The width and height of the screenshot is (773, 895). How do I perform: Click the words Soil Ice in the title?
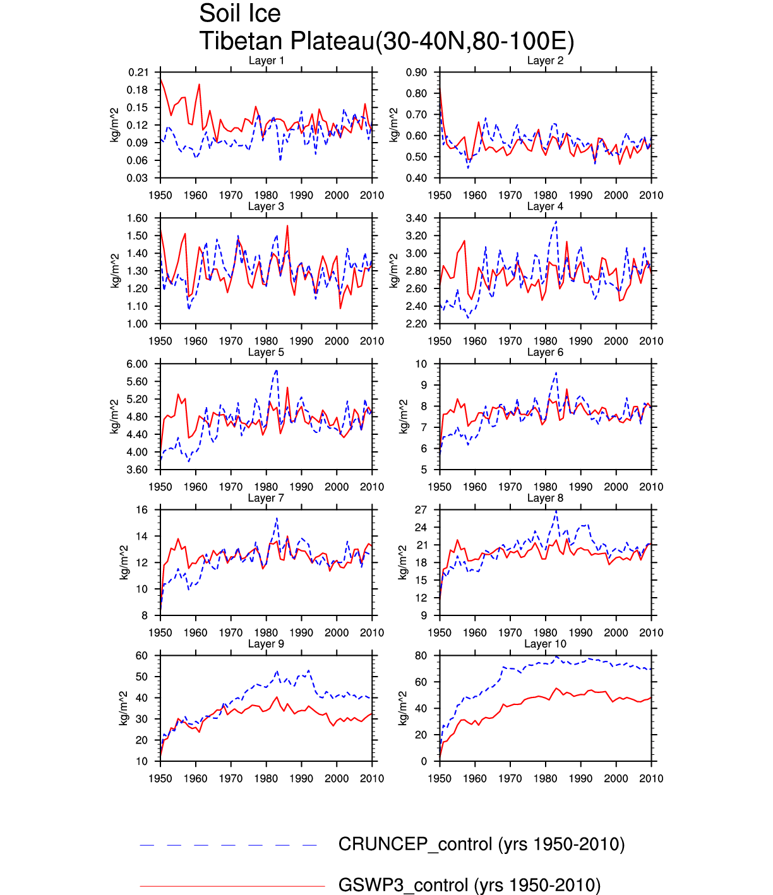point(239,13)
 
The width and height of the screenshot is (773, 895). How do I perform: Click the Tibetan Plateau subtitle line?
point(386,42)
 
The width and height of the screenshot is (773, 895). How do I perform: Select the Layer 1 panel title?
point(266,61)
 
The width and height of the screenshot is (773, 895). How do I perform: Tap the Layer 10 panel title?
point(545,644)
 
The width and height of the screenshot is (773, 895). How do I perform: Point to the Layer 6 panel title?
point(545,352)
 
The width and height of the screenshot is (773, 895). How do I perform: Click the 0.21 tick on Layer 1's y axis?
point(138,73)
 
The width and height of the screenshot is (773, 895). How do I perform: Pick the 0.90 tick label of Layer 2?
point(417,73)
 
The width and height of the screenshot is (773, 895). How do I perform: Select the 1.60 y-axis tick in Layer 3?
point(138,218)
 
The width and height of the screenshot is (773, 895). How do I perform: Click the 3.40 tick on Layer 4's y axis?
point(417,218)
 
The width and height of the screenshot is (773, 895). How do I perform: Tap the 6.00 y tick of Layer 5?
point(138,364)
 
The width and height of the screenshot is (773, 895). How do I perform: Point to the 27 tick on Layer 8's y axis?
point(421,510)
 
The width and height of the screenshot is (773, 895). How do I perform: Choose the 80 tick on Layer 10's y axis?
point(421,656)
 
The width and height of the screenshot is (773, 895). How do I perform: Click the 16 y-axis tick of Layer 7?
point(142,510)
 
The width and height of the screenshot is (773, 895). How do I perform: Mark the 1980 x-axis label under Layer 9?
point(266,778)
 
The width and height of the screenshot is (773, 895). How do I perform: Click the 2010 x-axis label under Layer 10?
point(651,778)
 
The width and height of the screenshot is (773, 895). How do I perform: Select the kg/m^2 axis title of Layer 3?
point(116,271)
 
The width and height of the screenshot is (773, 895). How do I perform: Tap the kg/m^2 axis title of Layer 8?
point(403,562)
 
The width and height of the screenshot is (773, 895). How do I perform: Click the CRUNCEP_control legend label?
point(481,845)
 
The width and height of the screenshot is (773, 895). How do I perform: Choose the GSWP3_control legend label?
point(469,885)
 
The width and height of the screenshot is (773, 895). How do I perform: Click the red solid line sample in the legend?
point(232,886)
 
